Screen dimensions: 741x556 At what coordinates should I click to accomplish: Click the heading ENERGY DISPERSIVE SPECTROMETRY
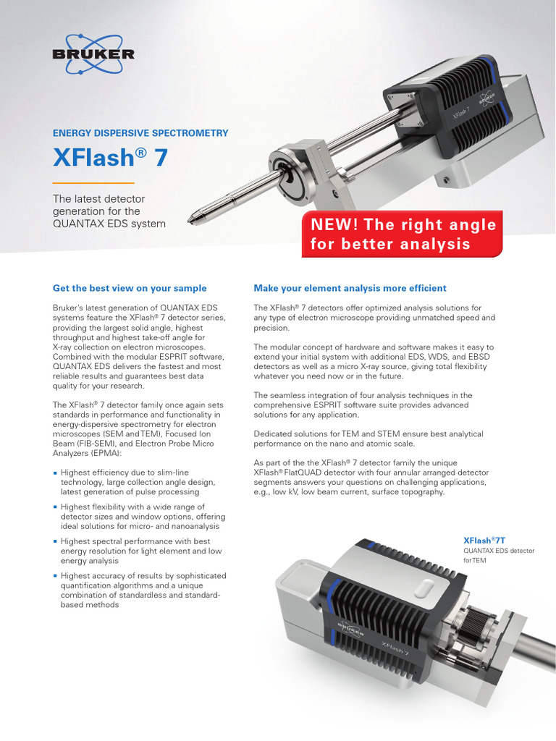tap(140, 133)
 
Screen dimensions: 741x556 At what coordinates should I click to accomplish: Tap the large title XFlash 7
tap(110, 158)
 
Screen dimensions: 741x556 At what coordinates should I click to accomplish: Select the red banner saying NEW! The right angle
tap(403, 234)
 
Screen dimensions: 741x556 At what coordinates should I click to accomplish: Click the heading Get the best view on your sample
tap(130, 288)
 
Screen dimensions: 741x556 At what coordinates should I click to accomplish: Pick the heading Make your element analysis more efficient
tap(350, 288)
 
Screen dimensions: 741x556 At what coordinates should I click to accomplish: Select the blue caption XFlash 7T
tap(484, 540)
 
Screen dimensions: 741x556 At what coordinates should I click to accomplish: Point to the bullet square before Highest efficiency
tap(56, 472)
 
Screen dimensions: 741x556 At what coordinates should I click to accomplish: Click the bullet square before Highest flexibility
tap(56, 507)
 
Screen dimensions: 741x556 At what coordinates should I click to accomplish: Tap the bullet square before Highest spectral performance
tap(56, 541)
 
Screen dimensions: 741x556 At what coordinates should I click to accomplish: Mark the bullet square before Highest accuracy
tap(56, 576)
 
